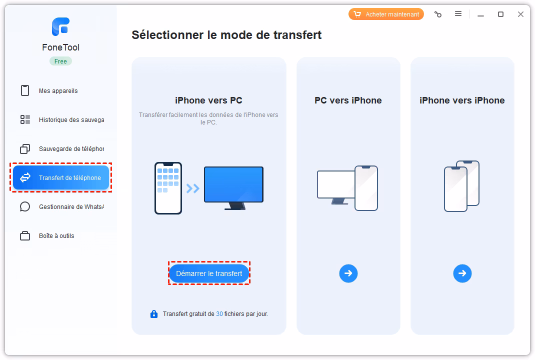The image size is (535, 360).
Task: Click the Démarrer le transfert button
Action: click(209, 273)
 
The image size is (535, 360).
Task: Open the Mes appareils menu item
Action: click(58, 91)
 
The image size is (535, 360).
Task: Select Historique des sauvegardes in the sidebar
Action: click(71, 120)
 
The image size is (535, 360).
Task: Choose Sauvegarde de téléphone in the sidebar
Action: click(71, 149)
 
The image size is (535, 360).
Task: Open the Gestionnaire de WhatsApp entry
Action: click(71, 207)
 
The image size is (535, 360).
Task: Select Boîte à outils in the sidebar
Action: click(56, 236)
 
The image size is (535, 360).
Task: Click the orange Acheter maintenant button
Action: click(386, 14)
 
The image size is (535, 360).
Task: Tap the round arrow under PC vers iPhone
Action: click(348, 273)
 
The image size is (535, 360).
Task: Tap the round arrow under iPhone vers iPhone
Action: click(462, 273)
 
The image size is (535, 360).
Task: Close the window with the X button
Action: click(520, 14)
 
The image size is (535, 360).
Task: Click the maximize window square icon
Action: click(500, 14)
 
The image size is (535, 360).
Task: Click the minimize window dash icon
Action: click(480, 14)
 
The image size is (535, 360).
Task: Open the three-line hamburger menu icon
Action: click(458, 14)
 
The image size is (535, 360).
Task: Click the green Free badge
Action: click(60, 61)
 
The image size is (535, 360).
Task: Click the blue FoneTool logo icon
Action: click(60, 26)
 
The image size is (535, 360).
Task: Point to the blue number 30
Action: click(219, 314)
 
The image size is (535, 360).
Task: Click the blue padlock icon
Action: click(154, 314)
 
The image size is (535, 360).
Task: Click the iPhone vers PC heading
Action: click(208, 100)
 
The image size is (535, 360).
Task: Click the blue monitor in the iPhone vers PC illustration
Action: click(233, 185)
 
